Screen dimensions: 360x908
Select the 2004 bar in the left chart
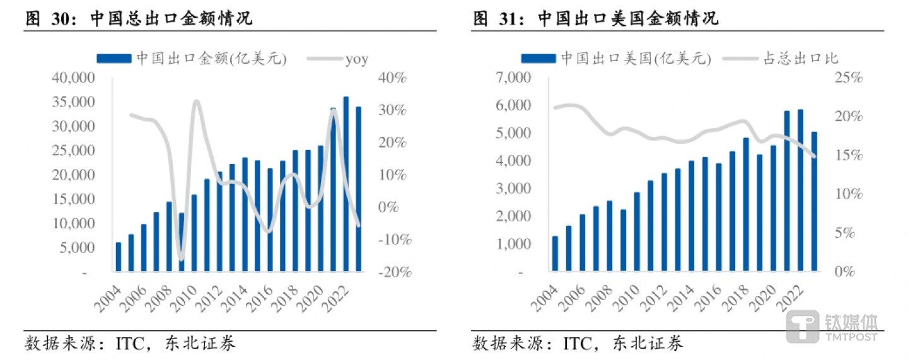tap(118, 257)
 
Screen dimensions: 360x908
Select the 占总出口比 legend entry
tap(808, 59)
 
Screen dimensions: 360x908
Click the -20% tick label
tap(395, 272)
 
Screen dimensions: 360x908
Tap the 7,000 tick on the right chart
tap(515, 78)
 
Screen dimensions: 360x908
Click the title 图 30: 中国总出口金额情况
tap(139, 18)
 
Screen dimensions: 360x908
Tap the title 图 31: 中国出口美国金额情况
tap(596, 18)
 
